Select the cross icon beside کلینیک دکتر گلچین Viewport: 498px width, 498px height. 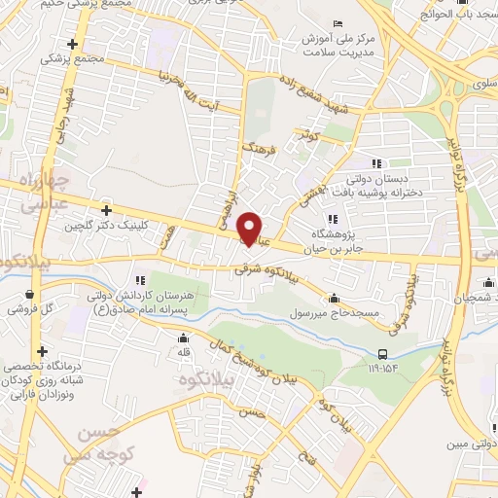106,209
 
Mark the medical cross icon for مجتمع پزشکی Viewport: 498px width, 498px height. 72,44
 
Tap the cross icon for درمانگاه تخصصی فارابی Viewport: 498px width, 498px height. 42,351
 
